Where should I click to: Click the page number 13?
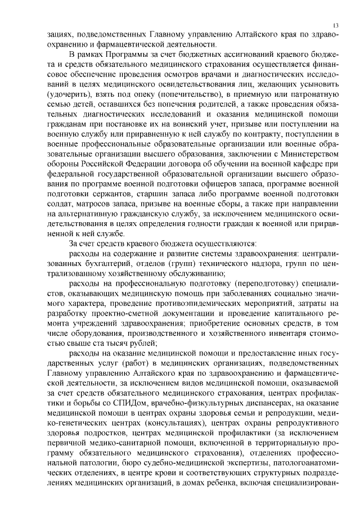(x=335, y=25)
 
